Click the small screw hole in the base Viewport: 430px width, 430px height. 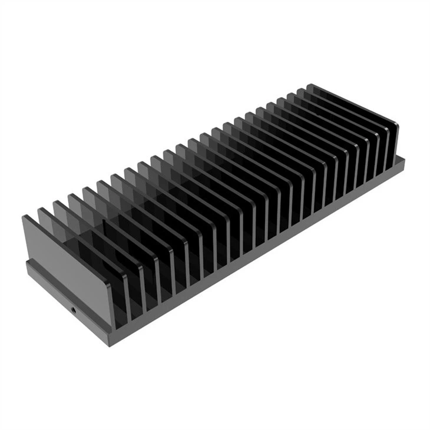(73, 308)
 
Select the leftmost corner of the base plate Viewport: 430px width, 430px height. (27, 263)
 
